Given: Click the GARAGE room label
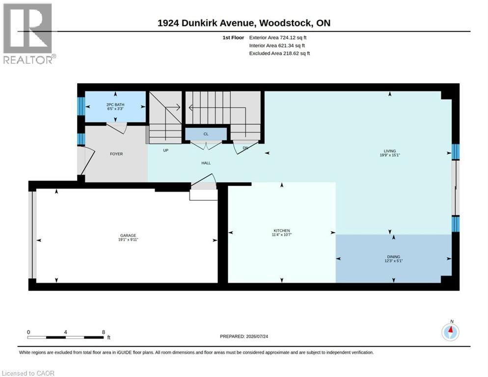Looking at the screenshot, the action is pos(128,235).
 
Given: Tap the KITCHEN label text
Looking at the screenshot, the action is pos(282,231).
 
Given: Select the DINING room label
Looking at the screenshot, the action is pos(394,257).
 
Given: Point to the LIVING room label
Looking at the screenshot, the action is pos(390,151).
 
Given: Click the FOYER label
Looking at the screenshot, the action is pos(116,154).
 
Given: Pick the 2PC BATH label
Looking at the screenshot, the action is pos(115,105).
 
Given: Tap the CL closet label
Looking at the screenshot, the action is pos(206,134).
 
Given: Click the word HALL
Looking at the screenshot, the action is pos(206,163).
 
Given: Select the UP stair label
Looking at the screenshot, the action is pos(165,150).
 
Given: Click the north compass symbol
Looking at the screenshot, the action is pos(450,332).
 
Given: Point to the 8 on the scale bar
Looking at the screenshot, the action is pos(103,332).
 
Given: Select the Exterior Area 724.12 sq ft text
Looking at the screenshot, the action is pos(277,38).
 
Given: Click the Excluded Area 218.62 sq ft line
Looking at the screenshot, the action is pos(279,53).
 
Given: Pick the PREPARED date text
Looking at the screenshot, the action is pos(244,337).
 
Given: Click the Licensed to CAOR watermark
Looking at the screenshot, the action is pos(28,373).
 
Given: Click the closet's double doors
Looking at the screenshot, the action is pos(206,145).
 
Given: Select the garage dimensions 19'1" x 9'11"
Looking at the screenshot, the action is pos(128,240).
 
